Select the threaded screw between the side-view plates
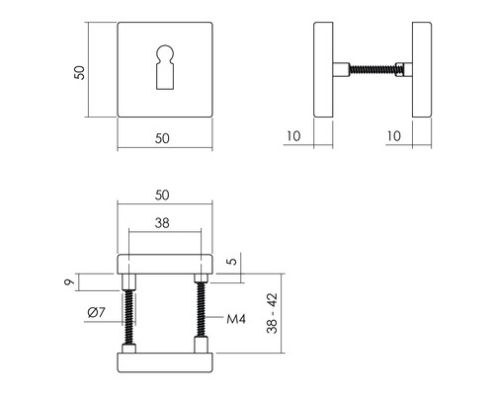pyautogui.click(x=373, y=71)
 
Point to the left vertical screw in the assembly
pyautogui.click(x=127, y=313)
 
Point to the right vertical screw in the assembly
pyautogui.click(x=202, y=313)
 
